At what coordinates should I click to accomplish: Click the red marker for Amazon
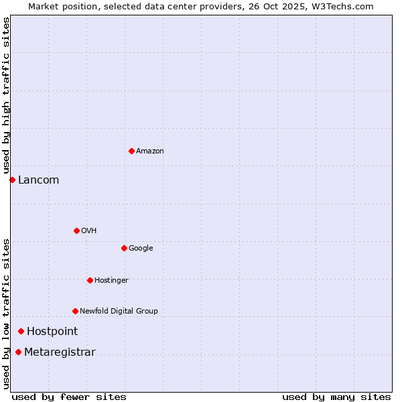click(131, 151)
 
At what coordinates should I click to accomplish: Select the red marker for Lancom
click(12, 180)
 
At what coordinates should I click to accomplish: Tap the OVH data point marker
click(76, 230)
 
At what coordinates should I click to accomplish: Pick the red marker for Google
click(124, 248)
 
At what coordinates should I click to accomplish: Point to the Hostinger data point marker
click(90, 280)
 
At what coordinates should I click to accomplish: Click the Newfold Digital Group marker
click(75, 311)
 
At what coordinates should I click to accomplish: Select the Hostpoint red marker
click(21, 331)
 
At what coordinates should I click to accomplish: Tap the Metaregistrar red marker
click(18, 352)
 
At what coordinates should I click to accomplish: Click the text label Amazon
click(149, 151)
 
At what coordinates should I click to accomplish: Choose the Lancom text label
click(38, 180)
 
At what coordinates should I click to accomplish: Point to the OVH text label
click(88, 231)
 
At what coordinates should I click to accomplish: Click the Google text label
click(141, 249)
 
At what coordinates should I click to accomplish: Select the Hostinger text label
click(111, 281)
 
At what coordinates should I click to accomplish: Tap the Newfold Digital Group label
click(119, 312)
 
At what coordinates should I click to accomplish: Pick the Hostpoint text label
click(52, 332)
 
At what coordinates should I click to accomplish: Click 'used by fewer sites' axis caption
click(69, 397)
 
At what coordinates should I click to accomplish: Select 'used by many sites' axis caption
click(336, 397)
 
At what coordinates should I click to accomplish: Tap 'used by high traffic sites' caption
click(6, 95)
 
